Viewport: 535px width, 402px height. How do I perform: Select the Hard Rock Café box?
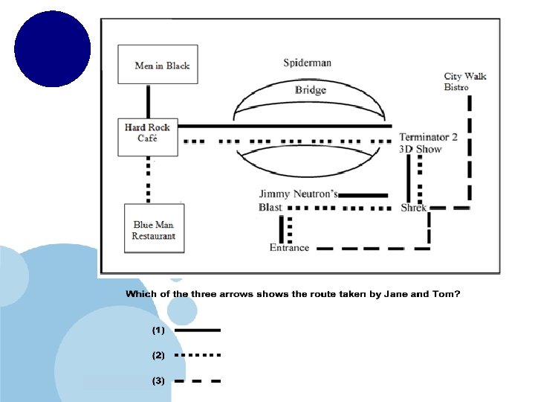(148, 136)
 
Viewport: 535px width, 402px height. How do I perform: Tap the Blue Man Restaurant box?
(154, 230)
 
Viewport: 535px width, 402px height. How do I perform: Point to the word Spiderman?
(307, 63)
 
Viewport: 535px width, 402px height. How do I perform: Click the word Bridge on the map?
(310, 90)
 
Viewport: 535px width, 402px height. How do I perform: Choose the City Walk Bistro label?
(465, 81)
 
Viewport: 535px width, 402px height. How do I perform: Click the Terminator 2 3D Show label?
(428, 143)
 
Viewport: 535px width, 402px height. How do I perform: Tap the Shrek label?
(414, 208)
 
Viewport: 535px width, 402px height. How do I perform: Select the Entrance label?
(289, 247)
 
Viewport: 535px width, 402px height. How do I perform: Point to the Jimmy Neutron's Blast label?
(297, 200)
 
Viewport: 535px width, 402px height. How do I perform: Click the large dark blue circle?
(52, 48)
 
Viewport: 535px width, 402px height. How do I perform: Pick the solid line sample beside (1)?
(197, 330)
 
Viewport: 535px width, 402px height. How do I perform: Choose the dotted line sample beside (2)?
(197, 355)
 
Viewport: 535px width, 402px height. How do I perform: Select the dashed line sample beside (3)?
(197, 381)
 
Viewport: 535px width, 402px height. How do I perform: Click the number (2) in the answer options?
(158, 355)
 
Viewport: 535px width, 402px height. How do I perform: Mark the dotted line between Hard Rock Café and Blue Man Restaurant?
(148, 179)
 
